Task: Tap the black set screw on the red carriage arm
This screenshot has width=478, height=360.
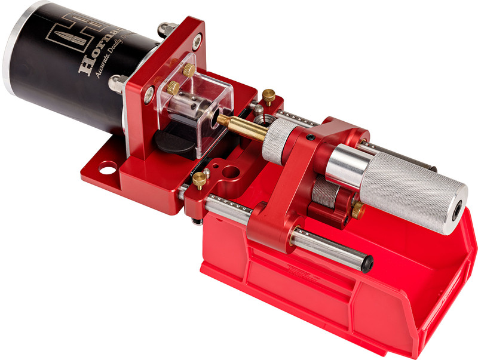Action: click(310, 139)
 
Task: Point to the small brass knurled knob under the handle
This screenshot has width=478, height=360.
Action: click(357, 209)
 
